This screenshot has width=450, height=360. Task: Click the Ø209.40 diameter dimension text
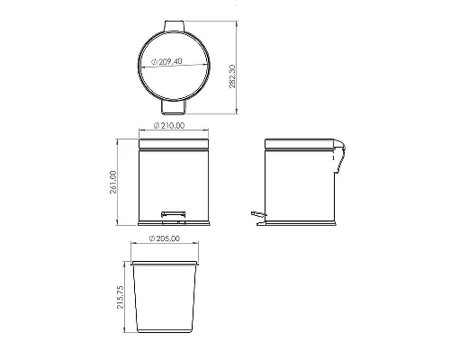pyautogui.click(x=166, y=62)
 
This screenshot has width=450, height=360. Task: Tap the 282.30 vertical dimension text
pyautogui.click(x=233, y=76)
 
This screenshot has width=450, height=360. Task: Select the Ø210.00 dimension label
pyautogui.click(x=169, y=125)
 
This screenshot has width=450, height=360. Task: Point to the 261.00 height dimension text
pyautogui.click(x=113, y=182)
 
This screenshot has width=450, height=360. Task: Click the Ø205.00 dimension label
pyautogui.click(x=165, y=238)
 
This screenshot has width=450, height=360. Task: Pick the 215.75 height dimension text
pyautogui.click(x=120, y=297)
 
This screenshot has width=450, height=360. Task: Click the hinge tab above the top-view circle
pyautogui.click(x=174, y=26)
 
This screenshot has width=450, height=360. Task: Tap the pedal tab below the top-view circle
pyautogui.click(x=174, y=107)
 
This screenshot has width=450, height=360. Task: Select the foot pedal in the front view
pyautogui.click(x=174, y=213)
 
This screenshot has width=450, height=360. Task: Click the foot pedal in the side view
pyautogui.click(x=258, y=213)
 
